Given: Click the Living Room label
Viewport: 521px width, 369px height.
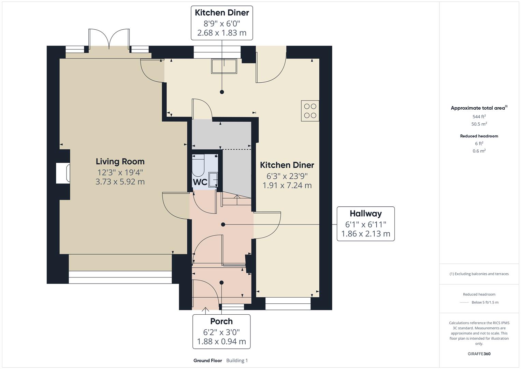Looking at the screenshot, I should click(120, 161).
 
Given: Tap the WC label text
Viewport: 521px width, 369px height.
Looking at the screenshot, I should click(200, 182).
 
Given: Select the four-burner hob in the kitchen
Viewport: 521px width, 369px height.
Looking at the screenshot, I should click(310, 111).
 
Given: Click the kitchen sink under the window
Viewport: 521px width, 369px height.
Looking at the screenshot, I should click(224, 66).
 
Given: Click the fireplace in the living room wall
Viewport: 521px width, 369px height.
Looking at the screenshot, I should click(63, 173).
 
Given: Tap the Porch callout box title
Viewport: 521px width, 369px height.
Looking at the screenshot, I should click(221, 321).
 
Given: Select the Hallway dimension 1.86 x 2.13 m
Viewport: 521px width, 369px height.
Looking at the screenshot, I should click(365, 234).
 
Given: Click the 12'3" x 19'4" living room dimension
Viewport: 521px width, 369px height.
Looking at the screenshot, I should click(120, 172).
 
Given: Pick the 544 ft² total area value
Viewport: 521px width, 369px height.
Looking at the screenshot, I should click(479, 117).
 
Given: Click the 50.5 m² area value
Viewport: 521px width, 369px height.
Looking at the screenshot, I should click(479, 124).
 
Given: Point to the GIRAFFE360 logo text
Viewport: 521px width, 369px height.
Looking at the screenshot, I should click(479, 354).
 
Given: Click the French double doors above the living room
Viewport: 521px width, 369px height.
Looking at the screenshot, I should click(109, 39).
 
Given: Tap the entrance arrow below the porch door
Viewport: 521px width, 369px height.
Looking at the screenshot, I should click(205, 310).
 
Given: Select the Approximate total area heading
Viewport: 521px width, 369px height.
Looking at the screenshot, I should click(478, 108).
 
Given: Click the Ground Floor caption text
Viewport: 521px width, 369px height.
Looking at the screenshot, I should click(207, 360).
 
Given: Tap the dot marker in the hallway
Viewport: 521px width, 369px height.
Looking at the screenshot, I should click(223, 224).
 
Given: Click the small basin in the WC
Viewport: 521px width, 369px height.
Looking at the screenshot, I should click(213, 179).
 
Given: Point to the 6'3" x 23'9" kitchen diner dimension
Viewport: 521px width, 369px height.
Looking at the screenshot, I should click(287, 176).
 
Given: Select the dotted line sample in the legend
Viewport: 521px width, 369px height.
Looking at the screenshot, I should click(464, 302).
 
